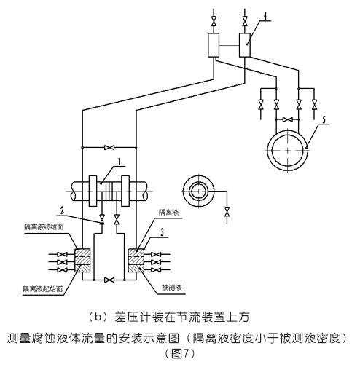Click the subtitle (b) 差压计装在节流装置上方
pos(179,315)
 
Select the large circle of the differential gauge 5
pos(289,149)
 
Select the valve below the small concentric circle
pos(228,212)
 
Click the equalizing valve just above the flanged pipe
pos(109,147)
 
